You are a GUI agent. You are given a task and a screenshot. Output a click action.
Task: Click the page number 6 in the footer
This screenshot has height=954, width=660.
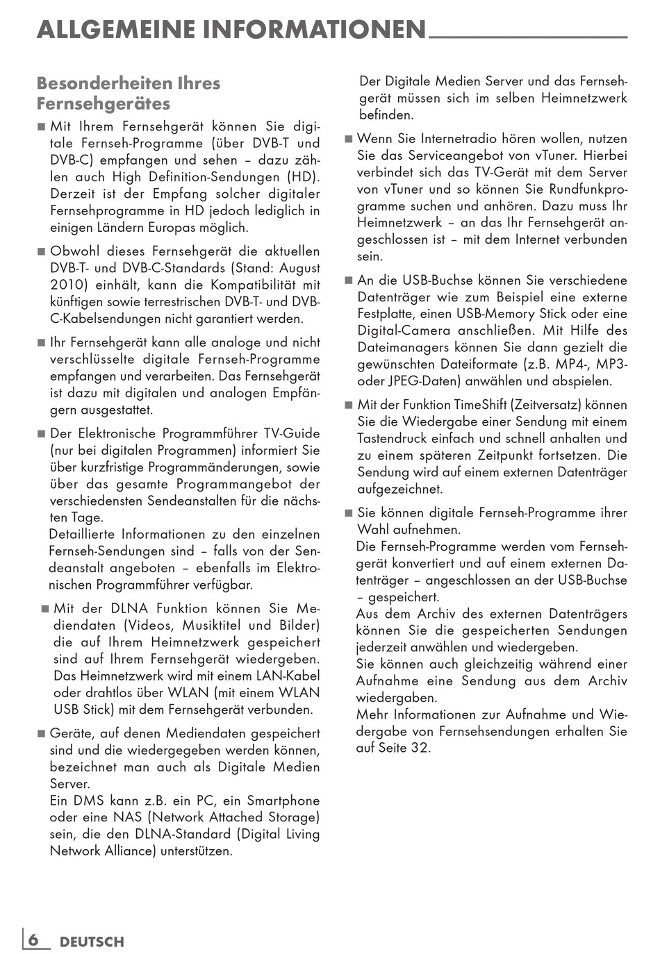pos(33,940)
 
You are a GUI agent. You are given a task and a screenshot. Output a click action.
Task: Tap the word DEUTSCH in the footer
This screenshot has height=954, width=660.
pos(92,942)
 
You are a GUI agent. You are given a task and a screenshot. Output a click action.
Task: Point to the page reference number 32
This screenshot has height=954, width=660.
pos(420,748)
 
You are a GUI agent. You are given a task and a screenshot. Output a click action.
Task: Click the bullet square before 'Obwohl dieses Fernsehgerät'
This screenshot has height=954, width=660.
pos(41,251)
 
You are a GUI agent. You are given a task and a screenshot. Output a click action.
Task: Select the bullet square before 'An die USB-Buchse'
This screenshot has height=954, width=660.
pos(349,281)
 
